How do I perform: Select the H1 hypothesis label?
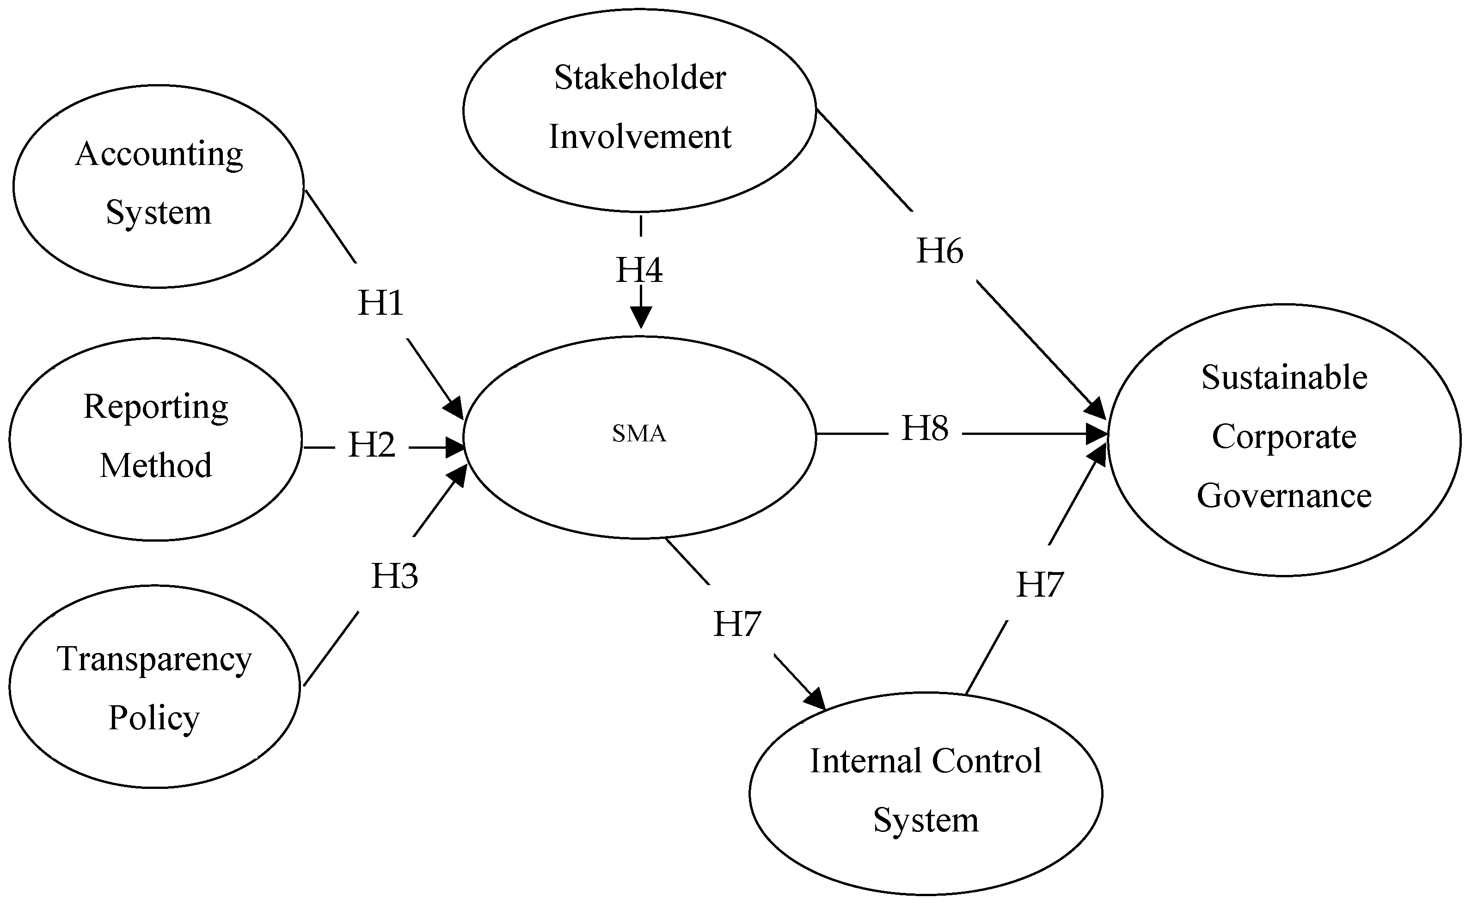click(x=381, y=303)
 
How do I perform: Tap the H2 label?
click(x=371, y=446)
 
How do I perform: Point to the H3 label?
click(x=395, y=576)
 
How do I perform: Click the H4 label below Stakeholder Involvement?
click(x=639, y=270)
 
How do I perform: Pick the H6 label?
click(x=940, y=251)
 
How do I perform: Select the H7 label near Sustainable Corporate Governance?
click(x=1040, y=585)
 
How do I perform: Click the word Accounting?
click(x=159, y=155)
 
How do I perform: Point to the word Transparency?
click(x=154, y=660)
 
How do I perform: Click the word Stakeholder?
click(x=640, y=78)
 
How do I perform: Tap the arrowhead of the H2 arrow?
click(x=455, y=446)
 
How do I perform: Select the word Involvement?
click(x=640, y=137)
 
